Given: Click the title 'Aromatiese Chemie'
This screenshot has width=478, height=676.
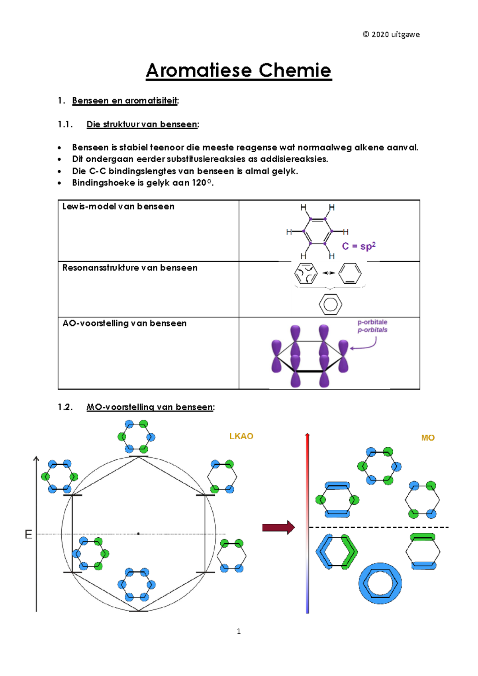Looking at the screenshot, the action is [239, 71].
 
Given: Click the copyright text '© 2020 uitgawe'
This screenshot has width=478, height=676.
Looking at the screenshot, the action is [391, 34].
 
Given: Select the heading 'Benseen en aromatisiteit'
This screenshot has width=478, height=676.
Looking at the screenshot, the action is [125, 100].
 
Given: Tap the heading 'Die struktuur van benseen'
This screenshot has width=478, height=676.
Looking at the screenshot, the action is [142, 124].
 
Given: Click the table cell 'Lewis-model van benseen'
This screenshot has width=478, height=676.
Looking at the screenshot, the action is [118, 206].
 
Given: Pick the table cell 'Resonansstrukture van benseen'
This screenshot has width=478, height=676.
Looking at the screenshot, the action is [130, 268].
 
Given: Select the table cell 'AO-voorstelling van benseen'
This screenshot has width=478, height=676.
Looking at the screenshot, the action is [124, 323].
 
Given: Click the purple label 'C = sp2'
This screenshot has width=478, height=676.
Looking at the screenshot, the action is [358, 246].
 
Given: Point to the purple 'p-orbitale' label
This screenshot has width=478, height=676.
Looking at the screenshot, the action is [372, 322].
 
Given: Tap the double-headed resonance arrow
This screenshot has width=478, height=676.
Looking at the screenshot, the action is [329, 273].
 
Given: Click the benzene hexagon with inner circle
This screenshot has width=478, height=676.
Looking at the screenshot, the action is [330, 305].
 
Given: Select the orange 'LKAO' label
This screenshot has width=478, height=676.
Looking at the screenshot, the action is [241, 436].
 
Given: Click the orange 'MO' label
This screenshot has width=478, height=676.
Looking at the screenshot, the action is [428, 438].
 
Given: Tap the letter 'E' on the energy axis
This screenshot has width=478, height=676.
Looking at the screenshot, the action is [28, 534].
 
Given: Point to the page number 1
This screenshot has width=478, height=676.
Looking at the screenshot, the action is [239, 631].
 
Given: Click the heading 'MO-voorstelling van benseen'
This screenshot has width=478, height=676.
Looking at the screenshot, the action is [150, 407].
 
